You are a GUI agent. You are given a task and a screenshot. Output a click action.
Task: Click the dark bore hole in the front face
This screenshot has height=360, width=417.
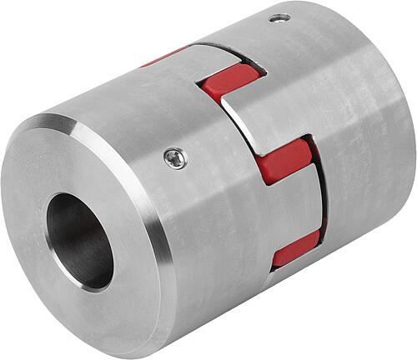coord(80,241)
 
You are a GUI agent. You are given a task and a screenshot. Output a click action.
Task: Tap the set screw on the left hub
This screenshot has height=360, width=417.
coord(175,157)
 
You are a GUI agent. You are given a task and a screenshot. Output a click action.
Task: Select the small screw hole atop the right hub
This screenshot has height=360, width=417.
coord(281,17)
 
